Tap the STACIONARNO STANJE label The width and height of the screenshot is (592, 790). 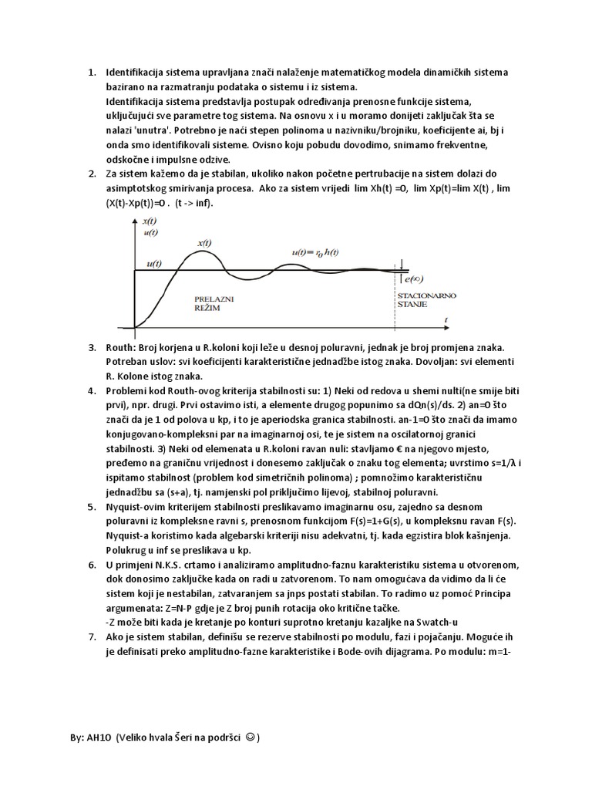(x=415, y=299)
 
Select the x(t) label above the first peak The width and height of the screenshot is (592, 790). (x=205, y=243)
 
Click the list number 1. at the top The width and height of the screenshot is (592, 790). (x=89, y=73)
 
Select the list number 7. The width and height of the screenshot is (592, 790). (x=89, y=636)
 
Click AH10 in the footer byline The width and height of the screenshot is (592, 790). (x=99, y=738)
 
